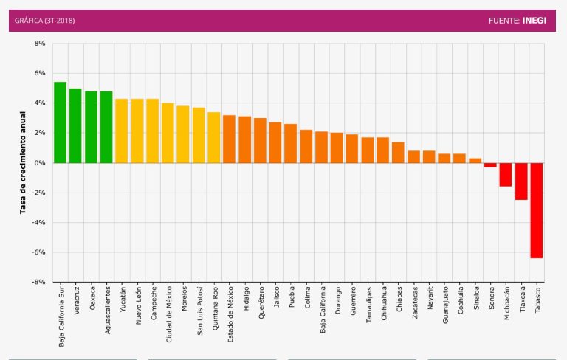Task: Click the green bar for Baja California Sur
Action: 60,122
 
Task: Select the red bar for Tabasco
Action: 537,210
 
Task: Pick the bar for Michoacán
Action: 506,175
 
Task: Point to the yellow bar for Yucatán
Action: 122,131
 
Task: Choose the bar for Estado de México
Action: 229,139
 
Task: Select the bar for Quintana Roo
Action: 214,137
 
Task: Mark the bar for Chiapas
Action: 398,152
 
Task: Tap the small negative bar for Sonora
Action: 490,165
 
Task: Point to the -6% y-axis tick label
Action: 38,252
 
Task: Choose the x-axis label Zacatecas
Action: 415,304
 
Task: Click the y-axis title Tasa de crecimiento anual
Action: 24,163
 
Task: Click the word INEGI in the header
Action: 535,21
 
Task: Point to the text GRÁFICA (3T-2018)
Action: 44,21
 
